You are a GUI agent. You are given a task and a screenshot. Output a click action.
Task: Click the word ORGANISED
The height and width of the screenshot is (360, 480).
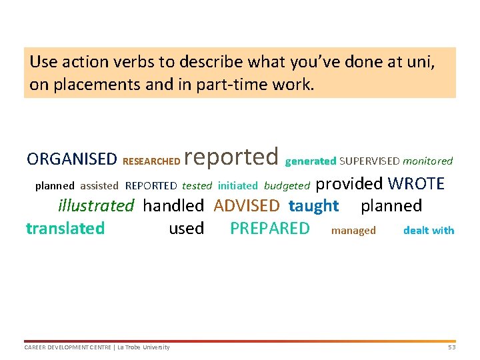[x=71, y=159]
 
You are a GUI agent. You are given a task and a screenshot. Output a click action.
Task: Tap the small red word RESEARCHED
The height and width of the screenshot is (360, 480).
[x=151, y=161]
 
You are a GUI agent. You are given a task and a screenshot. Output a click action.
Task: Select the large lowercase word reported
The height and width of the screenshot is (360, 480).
[x=231, y=157]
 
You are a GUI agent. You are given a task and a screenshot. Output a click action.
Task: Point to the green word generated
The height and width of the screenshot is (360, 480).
[x=311, y=161]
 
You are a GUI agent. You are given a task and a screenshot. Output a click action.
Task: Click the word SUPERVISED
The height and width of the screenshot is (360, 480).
[x=369, y=161]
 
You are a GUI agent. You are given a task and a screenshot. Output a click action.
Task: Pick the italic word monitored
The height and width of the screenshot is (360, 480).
[x=427, y=161]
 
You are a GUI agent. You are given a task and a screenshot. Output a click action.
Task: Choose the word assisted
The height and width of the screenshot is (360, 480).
[x=99, y=186]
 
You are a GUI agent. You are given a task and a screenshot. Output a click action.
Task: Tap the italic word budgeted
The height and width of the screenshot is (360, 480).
[x=287, y=186]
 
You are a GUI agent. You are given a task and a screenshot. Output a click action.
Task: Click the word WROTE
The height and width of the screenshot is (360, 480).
[x=416, y=183]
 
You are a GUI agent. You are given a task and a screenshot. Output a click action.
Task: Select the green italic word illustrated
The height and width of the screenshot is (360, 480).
[x=96, y=205]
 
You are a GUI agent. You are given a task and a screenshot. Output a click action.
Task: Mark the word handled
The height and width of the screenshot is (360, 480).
[x=173, y=205]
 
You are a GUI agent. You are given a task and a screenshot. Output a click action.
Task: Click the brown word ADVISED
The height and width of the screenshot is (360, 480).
[x=247, y=205]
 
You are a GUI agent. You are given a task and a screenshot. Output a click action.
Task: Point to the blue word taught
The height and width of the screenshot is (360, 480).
[x=313, y=205]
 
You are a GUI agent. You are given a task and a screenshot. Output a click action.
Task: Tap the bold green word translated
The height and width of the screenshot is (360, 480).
[x=65, y=229]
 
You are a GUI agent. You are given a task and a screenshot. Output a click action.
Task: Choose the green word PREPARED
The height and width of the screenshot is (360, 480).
[x=270, y=228]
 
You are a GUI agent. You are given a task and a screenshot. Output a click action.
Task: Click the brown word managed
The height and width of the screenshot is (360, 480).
[x=353, y=231]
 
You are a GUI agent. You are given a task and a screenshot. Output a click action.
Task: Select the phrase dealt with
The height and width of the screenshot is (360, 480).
[x=429, y=231]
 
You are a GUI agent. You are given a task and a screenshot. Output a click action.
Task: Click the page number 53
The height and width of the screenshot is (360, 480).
[x=451, y=347]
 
